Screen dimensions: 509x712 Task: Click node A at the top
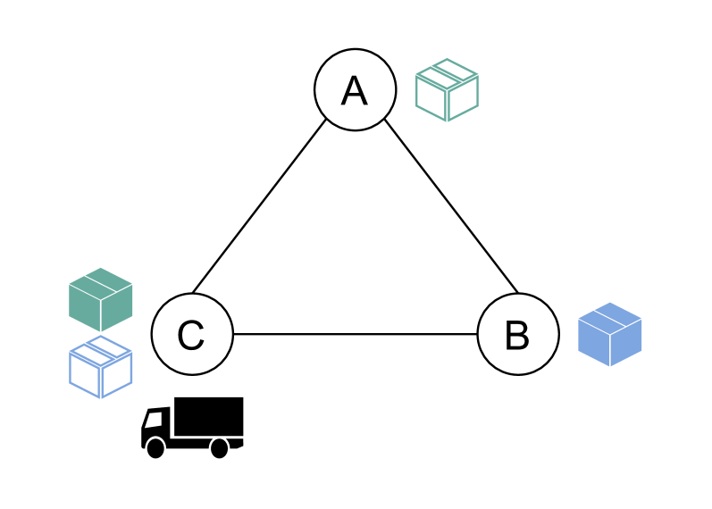click(355, 89)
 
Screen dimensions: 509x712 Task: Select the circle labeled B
click(518, 335)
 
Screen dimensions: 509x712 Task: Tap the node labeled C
click(192, 335)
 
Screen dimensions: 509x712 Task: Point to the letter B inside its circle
click(517, 336)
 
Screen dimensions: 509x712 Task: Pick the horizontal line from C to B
click(355, 334)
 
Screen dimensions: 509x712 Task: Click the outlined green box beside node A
click(447, 90)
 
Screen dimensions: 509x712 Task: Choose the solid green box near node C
click(101, 299)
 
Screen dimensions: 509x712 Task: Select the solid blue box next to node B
click(610, 335)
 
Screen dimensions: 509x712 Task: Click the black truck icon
click(192, 428)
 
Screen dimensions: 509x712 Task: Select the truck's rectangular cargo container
click(208, 417)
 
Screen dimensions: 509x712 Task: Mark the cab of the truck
click(156, 426)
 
